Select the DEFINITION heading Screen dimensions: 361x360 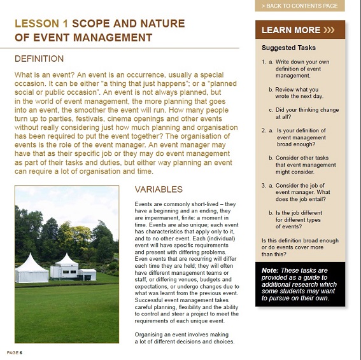click(39, 59)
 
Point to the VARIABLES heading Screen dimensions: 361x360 click(159, 190)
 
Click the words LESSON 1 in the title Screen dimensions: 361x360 click(41, 24)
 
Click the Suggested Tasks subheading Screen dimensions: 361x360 click(288, 48)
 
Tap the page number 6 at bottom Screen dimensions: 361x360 click(21, 352)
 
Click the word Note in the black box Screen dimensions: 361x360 click(269, 270)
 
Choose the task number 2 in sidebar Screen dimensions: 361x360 click(264, 130)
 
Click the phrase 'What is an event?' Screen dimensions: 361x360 click(43, 74)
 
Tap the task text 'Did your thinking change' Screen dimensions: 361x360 click(307, 109)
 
